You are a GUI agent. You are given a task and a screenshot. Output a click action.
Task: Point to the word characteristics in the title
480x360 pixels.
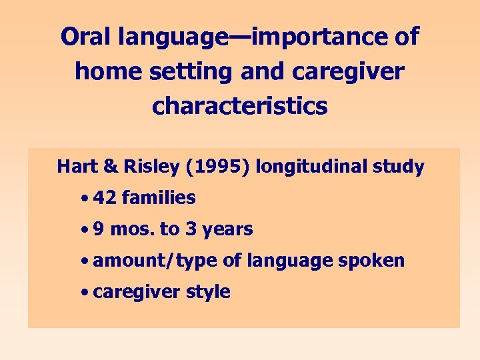(240, 106)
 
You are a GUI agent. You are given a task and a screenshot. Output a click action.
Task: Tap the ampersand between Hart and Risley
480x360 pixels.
(108, 167)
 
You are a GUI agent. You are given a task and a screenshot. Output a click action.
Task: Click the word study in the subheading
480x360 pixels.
(401, 167)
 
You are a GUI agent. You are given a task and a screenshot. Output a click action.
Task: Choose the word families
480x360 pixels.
(159, 198)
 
